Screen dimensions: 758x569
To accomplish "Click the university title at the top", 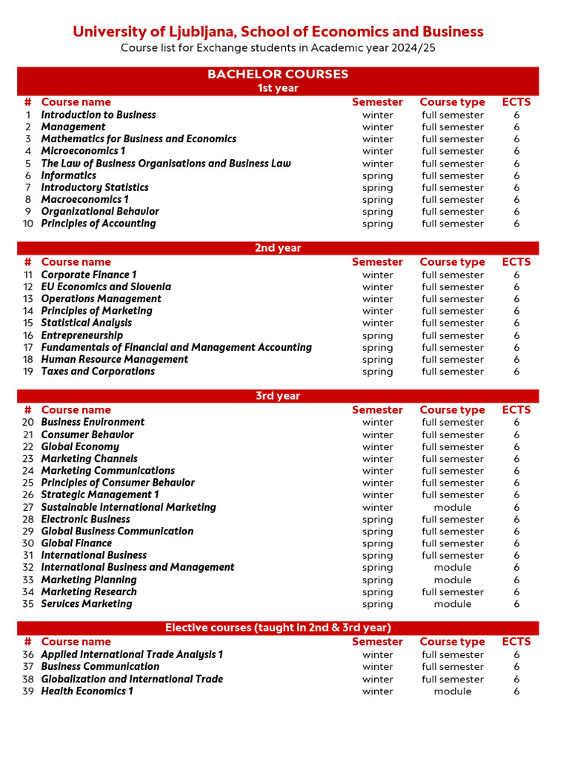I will click(278, 31).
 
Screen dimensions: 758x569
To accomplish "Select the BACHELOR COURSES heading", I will click(278, 74).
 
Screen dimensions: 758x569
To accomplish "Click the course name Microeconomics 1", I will click(83, 151).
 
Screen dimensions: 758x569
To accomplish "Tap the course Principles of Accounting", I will click(99, 224).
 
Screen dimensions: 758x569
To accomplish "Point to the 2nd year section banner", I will click(278, 248).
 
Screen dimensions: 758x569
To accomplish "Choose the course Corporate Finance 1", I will click(89, 275).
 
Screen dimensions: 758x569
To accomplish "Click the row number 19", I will click(28, 372).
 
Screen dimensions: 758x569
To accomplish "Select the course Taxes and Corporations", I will click(98, 372).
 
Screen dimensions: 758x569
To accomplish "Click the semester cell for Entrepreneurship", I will click(377, 335).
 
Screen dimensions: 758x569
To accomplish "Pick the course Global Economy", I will click(80, 446).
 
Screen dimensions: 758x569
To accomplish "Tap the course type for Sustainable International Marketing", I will click(452, 507).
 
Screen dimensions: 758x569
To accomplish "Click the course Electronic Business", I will click(85, 519).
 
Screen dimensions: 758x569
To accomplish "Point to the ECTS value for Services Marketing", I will click(516, 604).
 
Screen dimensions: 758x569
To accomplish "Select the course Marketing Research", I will click(89, 591).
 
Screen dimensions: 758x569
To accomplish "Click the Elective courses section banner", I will click(278, 628).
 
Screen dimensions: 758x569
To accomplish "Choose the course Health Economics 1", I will click(87, 691).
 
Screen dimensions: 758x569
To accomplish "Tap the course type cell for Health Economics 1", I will click(452, 691).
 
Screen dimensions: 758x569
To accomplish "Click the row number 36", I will click(28, 654).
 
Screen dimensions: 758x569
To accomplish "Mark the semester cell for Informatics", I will click(377, 175).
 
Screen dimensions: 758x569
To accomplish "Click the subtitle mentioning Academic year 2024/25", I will click(278, 48).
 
